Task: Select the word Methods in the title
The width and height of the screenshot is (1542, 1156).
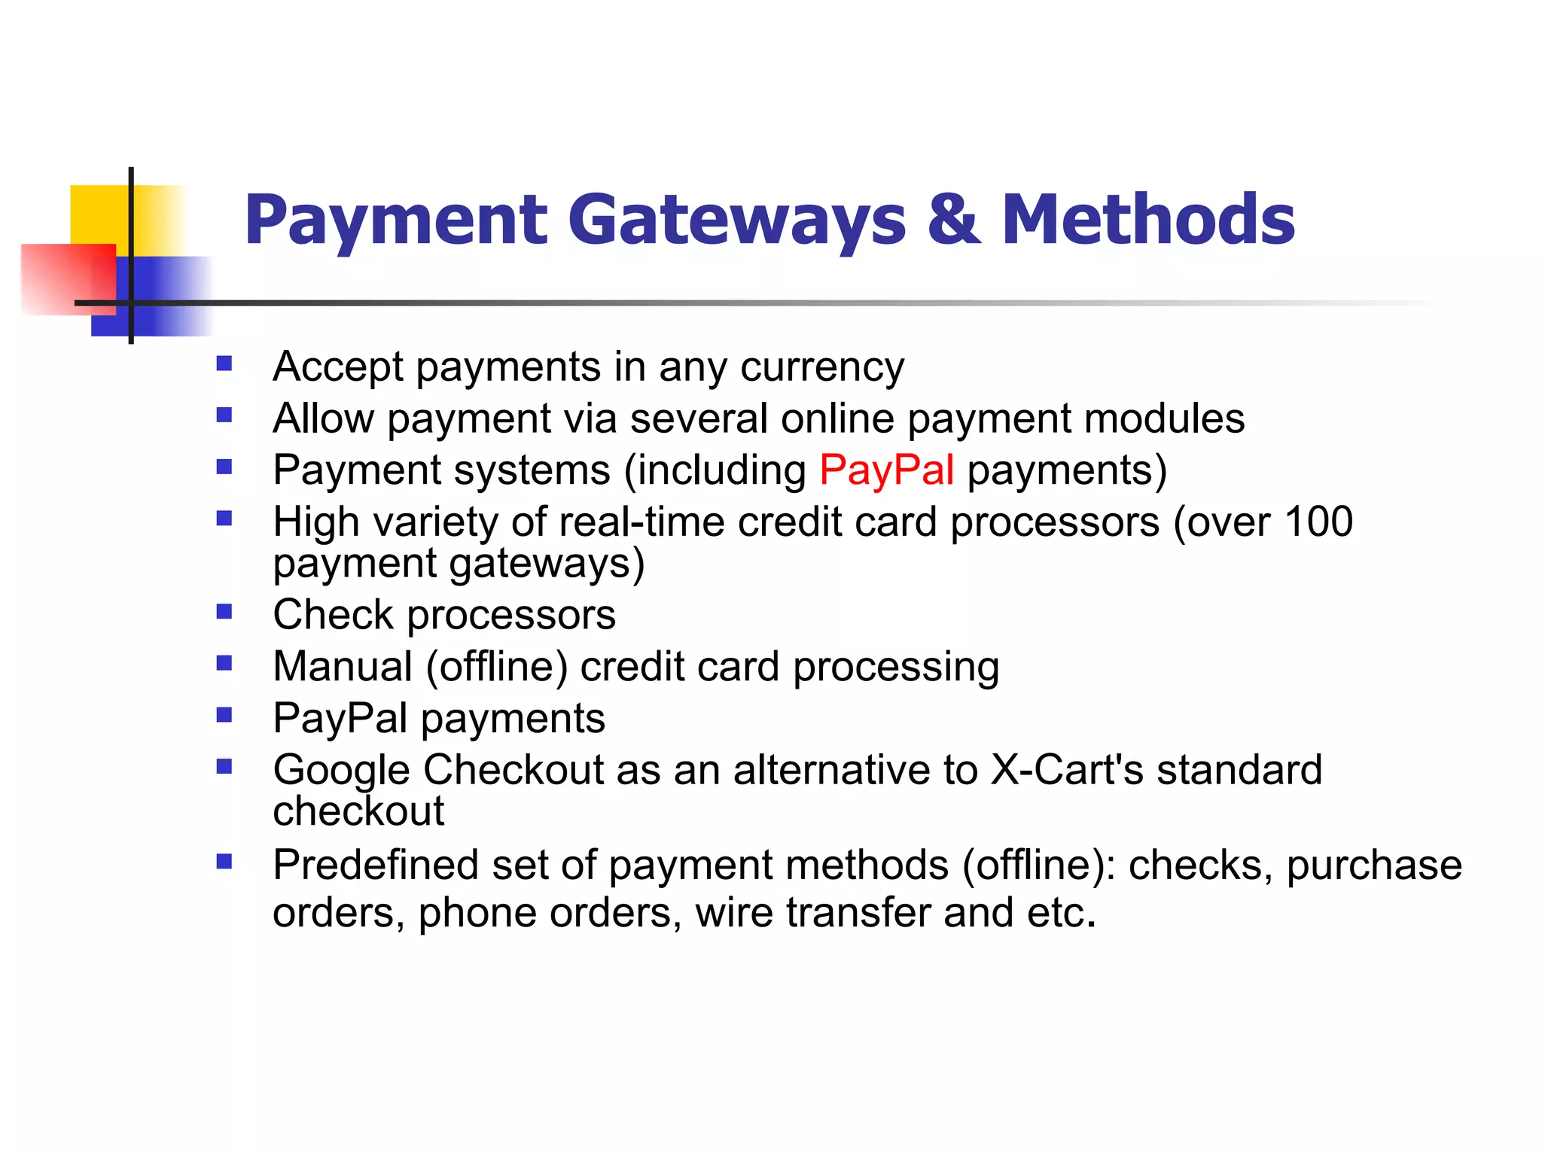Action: pyautogui.click(x=1148, y=220)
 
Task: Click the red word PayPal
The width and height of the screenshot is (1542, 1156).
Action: pyautogui.click(x=886, y=470)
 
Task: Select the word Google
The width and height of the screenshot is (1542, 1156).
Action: pyautogui.click(x=341, y=771)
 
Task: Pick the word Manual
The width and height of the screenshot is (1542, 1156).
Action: pyautogui.click(x=343, y=667)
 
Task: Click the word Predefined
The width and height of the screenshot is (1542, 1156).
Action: pyautogui.click(x=375, y=865)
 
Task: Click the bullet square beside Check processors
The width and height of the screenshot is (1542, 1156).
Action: pyautogui.click(x=224, y=611)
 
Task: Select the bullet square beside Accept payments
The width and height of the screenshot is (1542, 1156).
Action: pyautogui.click(x=224, y=364)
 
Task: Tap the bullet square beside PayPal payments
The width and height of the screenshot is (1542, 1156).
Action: pyautogui.click(x=224, y=714)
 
